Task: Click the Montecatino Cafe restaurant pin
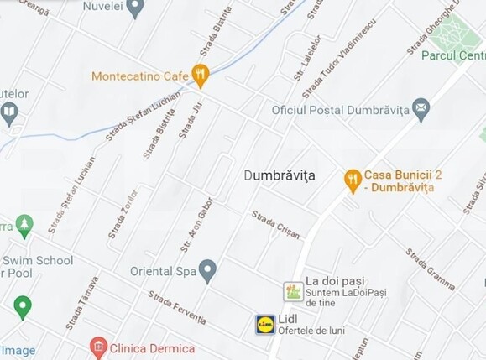200,76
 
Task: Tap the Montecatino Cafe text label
139,76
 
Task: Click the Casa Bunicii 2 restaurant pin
353,180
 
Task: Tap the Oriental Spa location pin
207,270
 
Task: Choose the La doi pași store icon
293,291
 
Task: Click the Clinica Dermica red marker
99,347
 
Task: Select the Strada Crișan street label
276,225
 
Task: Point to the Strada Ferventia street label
176,307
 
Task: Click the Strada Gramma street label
430,269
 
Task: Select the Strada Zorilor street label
123,216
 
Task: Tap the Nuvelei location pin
135,8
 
